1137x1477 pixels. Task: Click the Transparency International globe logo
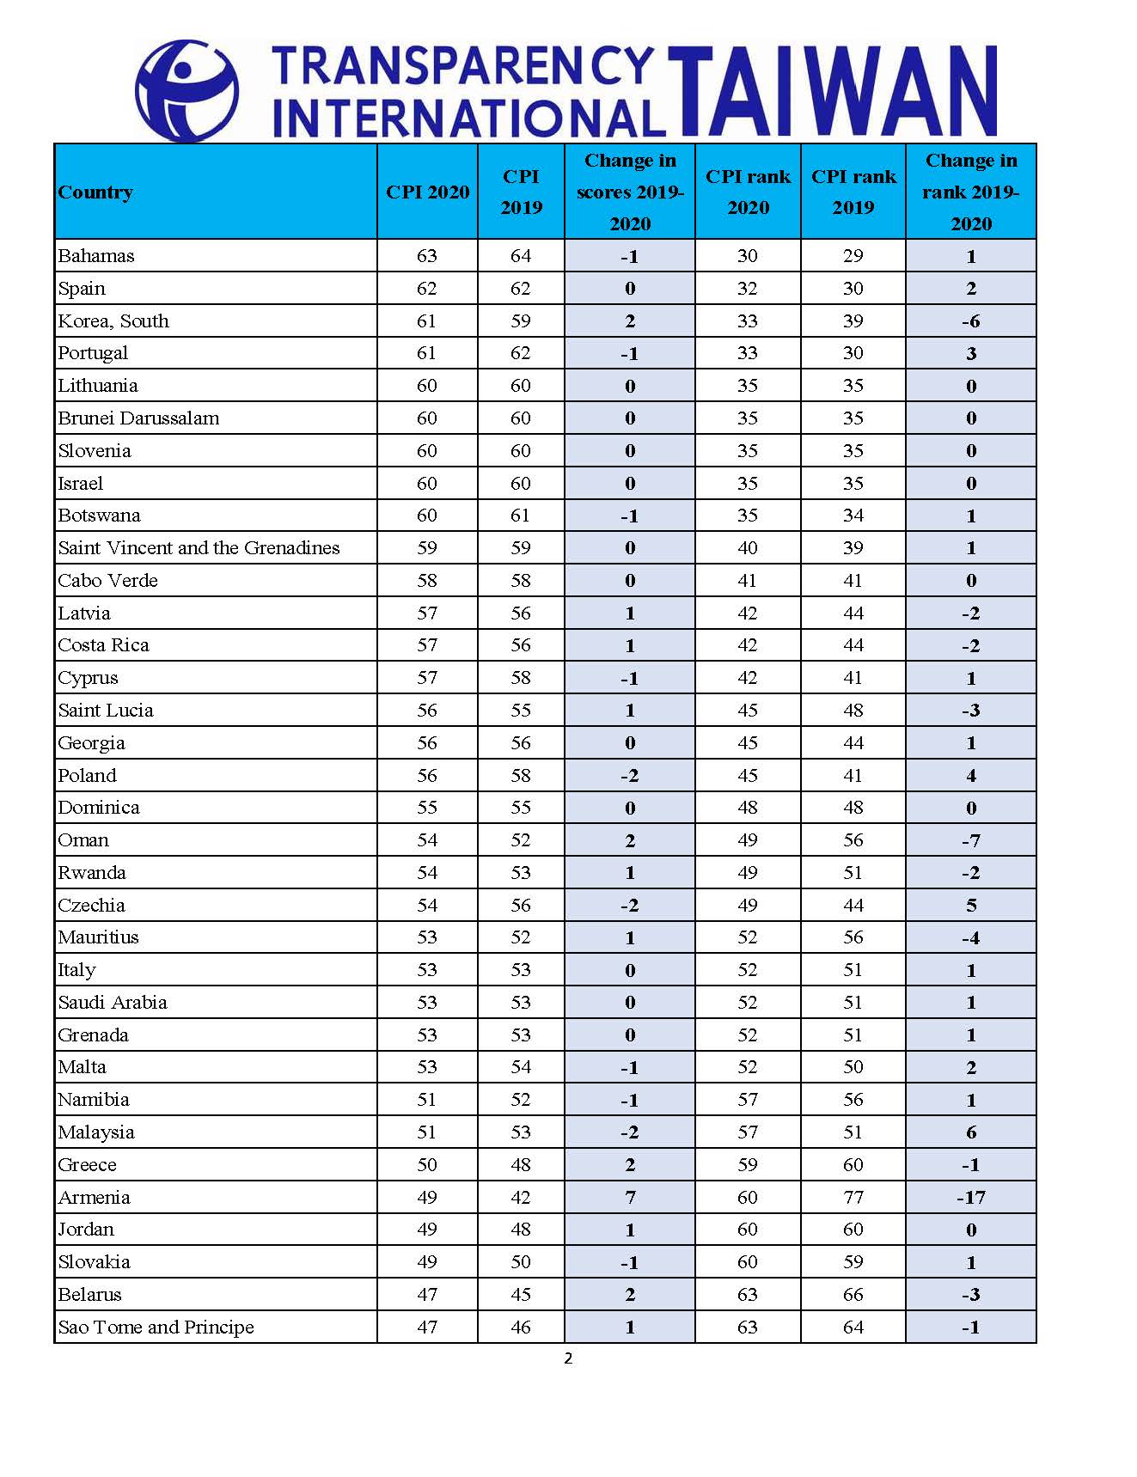tap(186, 90)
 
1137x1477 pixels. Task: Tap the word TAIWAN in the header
tap(832, 92)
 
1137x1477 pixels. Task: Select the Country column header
tap(95, 192)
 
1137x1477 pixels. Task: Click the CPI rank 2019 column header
tap(853, 192)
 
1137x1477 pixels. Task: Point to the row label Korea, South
tap(113, 321)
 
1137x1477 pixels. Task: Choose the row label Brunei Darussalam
tap(138, 418)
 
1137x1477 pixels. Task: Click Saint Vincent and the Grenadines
tap(199, 548)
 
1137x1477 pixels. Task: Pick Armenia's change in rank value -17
tap(970, 1197)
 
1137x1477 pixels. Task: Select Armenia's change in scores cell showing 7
tap(630, 1197)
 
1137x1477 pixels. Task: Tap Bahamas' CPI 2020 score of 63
tap(427, 256)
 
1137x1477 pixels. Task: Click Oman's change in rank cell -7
tap(970, 840)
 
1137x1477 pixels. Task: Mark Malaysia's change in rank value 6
tap(971, 1132)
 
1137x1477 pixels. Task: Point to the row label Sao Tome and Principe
tap(156, 1327)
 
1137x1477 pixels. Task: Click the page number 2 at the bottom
tap(568, 1358)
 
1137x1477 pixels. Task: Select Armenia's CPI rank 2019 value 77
tap(853, 1197)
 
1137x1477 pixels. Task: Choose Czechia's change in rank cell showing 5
tap(971, 906)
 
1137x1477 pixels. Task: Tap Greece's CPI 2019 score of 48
tap(521, 1165)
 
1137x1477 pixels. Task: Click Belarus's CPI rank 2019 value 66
tap(853, 1295)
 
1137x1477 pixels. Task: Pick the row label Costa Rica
tap(103, 645)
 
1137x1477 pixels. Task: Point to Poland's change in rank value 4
tap(971, 776)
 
